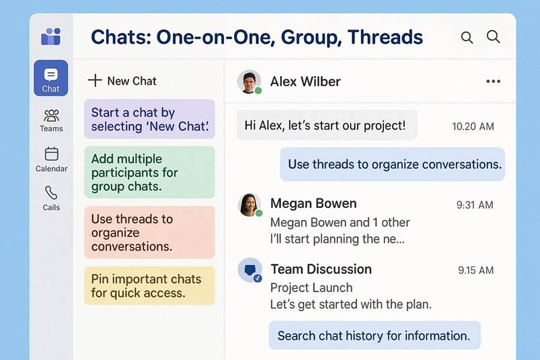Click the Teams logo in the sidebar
click(51, 36)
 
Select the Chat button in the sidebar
click(51, 78)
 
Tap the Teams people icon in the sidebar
click(51, 116)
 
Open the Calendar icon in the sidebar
click(51, 153)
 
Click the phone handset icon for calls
click(51, 193)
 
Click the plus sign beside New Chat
click(95, 81)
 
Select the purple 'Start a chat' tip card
click(149, 119)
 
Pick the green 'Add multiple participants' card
click(149, 172)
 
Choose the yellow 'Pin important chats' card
click(149, 285)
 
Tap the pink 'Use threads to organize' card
click(149, 232)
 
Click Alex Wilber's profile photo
click(249, 81)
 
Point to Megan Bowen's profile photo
click(249, 205)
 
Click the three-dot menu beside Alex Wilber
click(493, 81)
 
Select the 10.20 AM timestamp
click(473, 127)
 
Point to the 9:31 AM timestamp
click(475, 205)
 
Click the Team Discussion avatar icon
click(250, 270)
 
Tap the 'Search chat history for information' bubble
click(375, 336)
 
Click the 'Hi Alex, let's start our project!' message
click(327, 125)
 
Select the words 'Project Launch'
click(311, 287)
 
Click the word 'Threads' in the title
click(385, 37)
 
